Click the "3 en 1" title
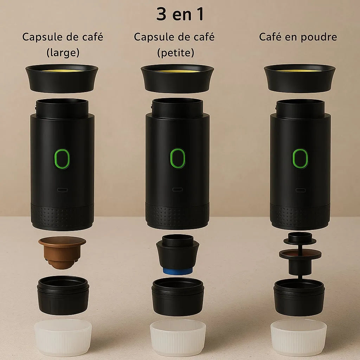point(180,14)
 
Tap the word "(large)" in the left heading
point(63,53)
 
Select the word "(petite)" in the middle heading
point(176,53)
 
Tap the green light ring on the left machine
point(55,159)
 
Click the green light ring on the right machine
point(294,159)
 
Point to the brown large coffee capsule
point(62,252)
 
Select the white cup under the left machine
point(63,337)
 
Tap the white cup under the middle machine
point(178,337)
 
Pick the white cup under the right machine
point(298,337)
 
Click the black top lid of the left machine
point(62,78)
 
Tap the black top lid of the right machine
point(300,78)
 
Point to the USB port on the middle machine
point(178,189)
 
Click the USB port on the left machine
point(63,190)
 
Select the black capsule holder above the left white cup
point(63,295)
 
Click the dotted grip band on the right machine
point(300,217)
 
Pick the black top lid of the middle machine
point(177,78)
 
